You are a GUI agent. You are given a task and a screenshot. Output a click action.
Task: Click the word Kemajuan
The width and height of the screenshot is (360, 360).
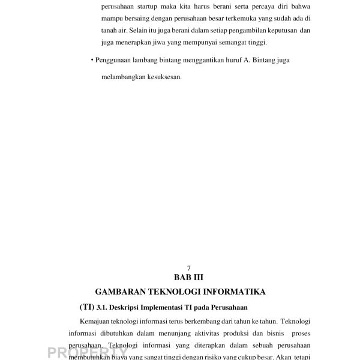pos(96,323)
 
